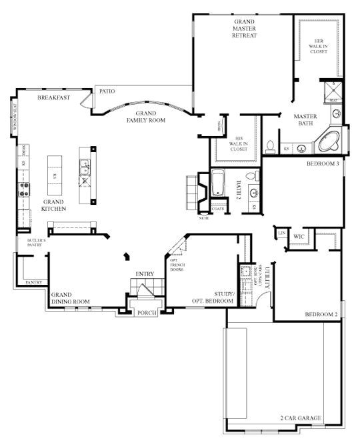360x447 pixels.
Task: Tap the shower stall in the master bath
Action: tap(331, 91)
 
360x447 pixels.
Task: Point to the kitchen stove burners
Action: tap(24, 189)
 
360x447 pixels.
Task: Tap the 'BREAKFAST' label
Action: tap(54, 97)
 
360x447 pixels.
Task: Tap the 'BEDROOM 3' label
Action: tap(323, 163)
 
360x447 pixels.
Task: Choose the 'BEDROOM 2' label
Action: tap(321, 314)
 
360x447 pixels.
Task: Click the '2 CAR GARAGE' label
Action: tap(301, 418)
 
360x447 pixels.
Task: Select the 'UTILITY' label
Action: tap(267, 276)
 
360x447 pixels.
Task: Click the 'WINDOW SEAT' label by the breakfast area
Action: tap(12, 115)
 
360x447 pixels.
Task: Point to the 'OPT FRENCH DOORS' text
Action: tap(177, 265)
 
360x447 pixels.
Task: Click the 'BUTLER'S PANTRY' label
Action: tap(35, 242)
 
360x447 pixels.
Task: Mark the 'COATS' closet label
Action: tap(217, 207)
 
